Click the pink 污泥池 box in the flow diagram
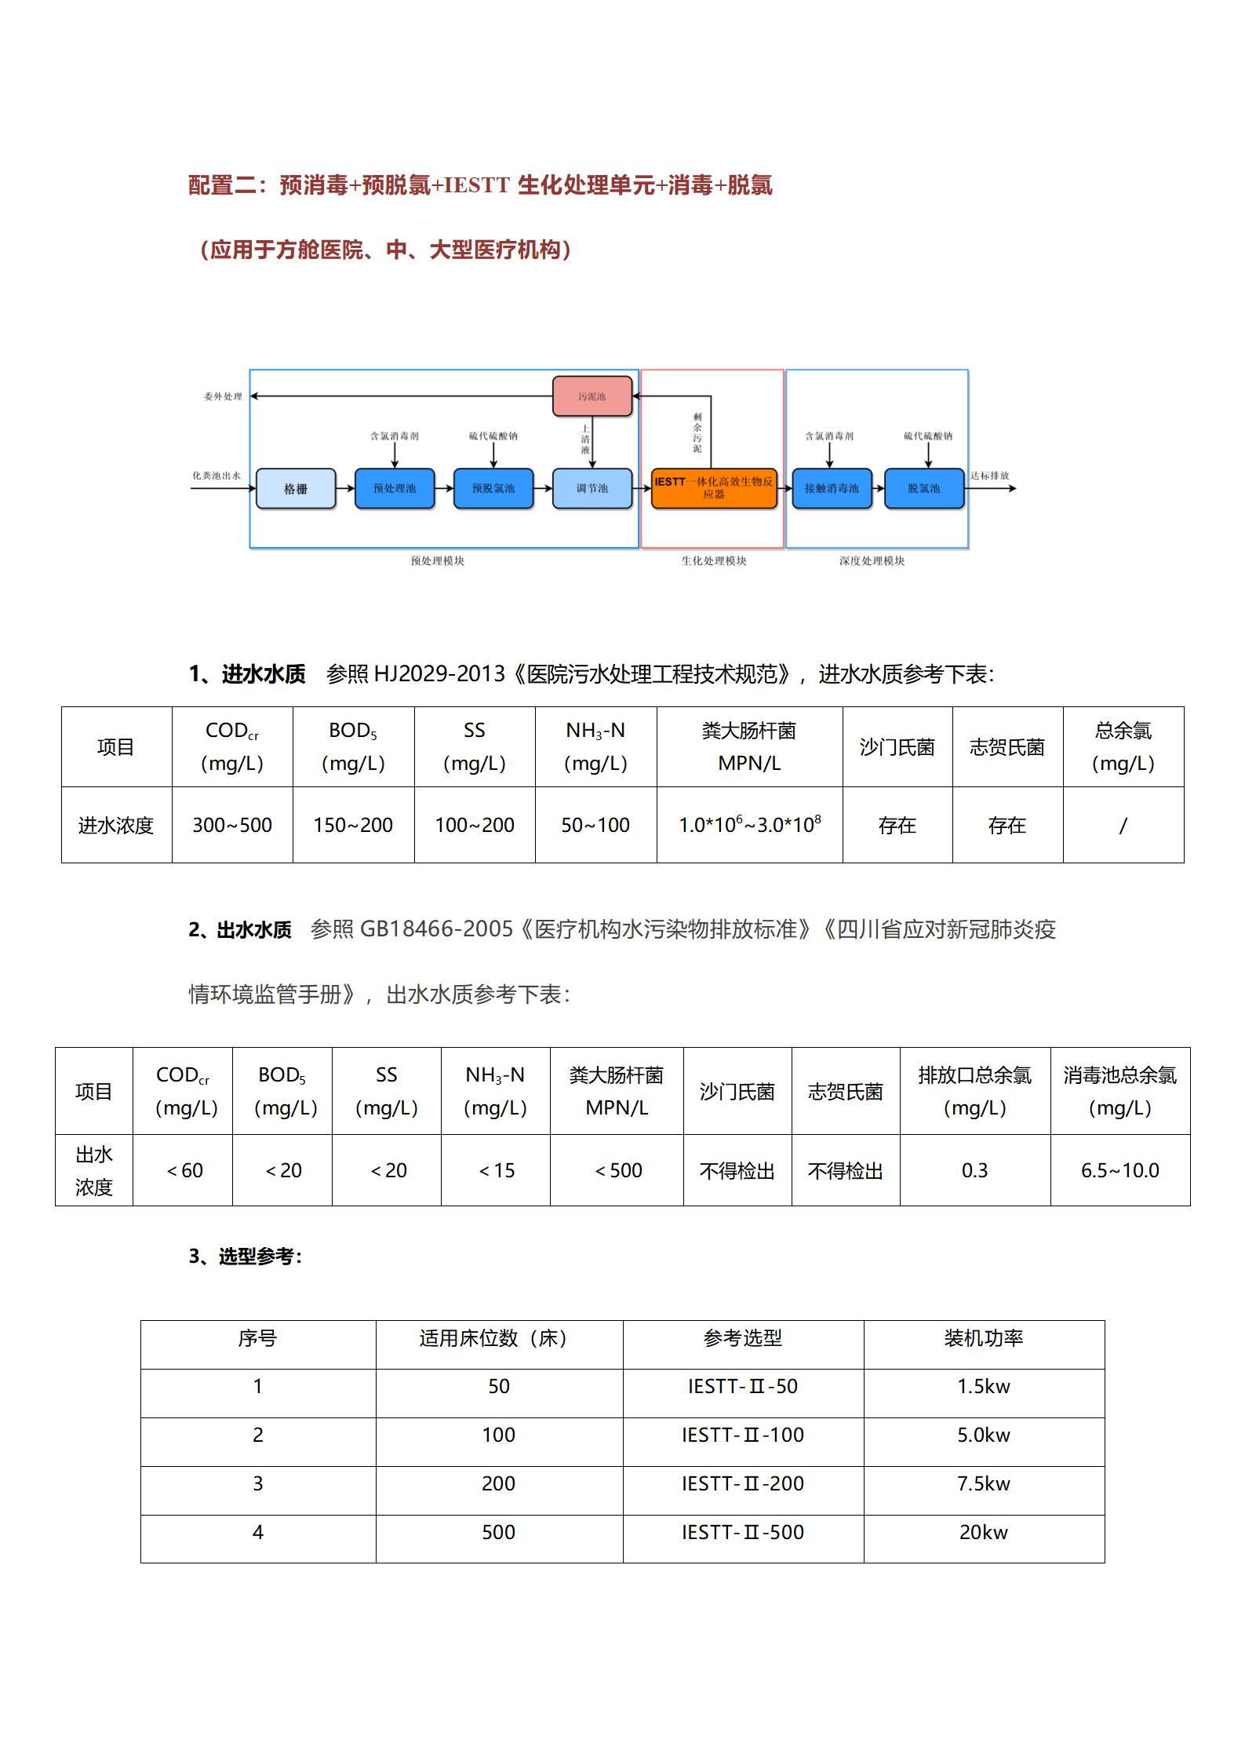coord(592,396)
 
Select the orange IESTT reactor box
coord(713,488)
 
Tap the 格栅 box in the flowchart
coord(296,489)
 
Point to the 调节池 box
coord(592,488)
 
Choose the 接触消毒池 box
coord(832,488)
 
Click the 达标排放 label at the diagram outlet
coord(989,476)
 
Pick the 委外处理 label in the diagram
coord(223,396)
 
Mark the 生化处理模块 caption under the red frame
coord(713,560)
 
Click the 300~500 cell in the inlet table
coord(232,825)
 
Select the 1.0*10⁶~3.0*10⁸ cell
coord(749,825)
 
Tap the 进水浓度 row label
coord(116,825)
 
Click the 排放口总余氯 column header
coord(974,1090)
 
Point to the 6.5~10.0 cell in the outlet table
coord(1119,1170)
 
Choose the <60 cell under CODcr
coord(184,1170)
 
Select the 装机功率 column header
coord(984,1337)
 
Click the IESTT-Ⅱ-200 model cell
coord(743,1483)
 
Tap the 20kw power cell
coord(984,1532)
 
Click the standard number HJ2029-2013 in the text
coord(439,674)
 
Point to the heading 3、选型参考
coord(245,1257)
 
